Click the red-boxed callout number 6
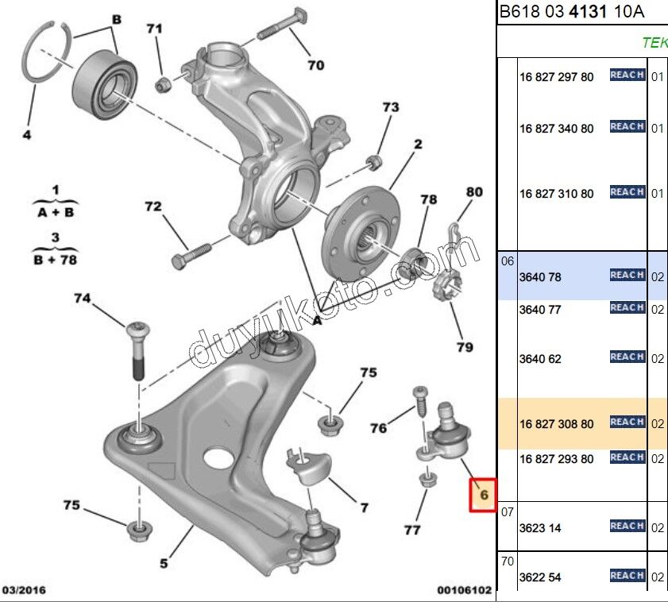tap(482, 496)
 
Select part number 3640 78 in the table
tap(540, 277)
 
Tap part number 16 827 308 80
tap(556, 424)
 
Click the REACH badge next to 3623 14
tap(627, 526)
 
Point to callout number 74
tap(82, 299)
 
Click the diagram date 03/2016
tap(25, 590)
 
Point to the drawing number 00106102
tap(464, 590)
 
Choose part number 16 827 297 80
tap(556, 77)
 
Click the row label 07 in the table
tap(508, 512)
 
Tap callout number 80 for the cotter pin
tap(473, 191)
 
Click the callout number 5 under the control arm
tap(163, 564)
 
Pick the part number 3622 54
tap(540, 577)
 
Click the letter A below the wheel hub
tap(316, 320)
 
